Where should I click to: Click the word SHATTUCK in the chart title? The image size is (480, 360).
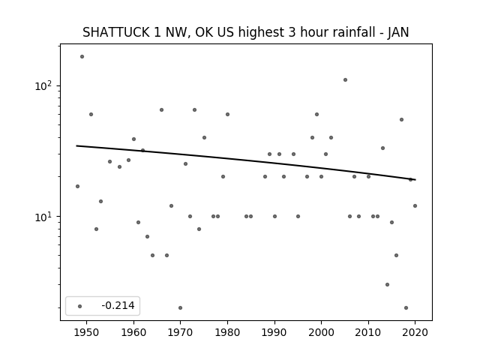(116, 32)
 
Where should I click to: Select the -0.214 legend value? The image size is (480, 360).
(118, 305)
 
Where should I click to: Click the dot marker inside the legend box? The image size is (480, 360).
(80, 306)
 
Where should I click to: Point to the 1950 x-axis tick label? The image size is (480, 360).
(87, 332)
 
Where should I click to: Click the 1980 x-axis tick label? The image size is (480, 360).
(227, 332)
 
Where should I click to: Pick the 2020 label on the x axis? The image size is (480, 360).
(415, 332)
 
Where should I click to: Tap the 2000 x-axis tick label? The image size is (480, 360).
(321, 332)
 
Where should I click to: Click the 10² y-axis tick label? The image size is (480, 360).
(43, 85)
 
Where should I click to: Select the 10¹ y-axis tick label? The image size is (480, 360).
(43, 217)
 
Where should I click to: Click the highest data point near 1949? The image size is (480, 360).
(82, 57)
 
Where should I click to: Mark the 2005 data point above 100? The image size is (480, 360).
(345, 80)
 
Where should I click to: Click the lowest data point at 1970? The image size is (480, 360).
(180, 307)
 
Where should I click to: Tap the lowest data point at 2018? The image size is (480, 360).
(406, 307)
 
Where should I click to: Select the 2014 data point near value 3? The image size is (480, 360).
(387, 284)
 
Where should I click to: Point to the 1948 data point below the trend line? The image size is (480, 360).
(77, 186)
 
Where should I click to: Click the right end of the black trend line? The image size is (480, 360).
(415, 180)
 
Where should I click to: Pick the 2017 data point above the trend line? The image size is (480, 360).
(401, 119)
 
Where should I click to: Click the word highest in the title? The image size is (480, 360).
(261, 32)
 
